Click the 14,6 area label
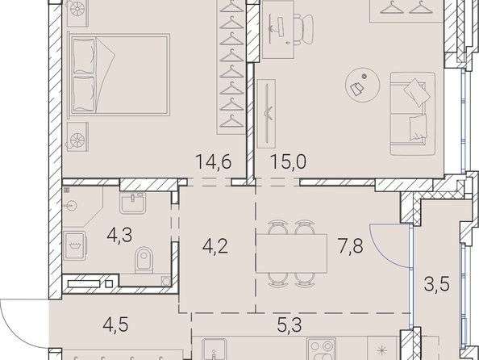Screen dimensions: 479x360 [213, 161]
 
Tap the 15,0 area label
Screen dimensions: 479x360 [288, 161]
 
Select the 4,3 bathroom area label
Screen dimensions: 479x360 [119, 235]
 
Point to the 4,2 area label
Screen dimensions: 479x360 [215, 246]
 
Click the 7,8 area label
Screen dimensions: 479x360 [351, 246]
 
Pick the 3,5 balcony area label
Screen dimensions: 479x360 [437, 284]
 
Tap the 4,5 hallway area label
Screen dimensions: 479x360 [116, 324]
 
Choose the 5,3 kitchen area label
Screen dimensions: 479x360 [289, 325]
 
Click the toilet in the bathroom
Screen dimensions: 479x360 [144, 260]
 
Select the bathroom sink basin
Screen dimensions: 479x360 [132, 203]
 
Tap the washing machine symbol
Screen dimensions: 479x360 [75, 245]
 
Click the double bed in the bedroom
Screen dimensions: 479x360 [119, 74]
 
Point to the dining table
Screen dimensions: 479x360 [291, 253]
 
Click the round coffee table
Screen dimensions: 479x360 [363, 85]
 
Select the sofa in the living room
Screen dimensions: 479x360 [413, 114]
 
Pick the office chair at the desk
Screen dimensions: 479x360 [304, 29]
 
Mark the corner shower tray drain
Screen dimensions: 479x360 [71, 206]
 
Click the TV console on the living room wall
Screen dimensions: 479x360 [266, 114]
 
